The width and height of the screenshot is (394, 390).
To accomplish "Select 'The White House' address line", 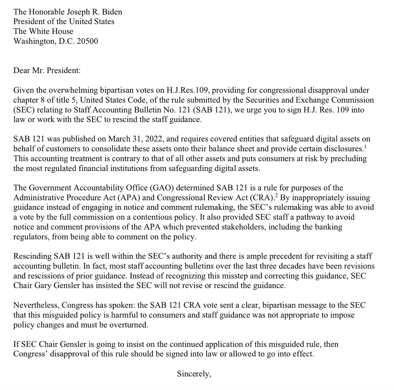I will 43,32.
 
